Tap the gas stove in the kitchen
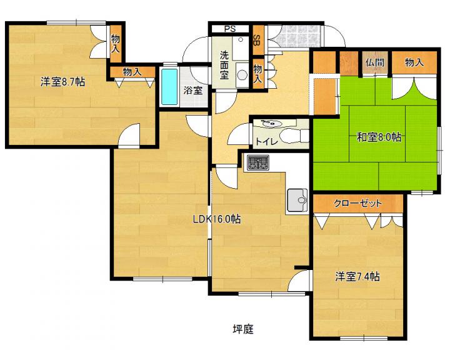click(x=258, y=162)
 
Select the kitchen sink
click(x=297, y=200)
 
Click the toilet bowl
click(x=293, y=136)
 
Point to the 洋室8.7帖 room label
click(x=62, y=82)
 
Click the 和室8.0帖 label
click(x=379, y=137)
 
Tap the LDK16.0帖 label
click(x=217, y=219)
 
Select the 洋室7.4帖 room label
click(x=357, y=277)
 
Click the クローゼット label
click(x=358, y=203)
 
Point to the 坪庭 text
click(x=243, y=329)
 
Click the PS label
click(x=230, y=29)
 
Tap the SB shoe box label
click(x=257, y=40)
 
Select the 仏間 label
click(x=375, y=62)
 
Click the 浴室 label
click(x=193, y=91)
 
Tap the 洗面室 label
click(x=224, y=65)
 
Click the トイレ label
click(x=267, y=141)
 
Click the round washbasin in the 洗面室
click(x=242, y=75)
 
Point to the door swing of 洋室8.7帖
click(x=129, y=135)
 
